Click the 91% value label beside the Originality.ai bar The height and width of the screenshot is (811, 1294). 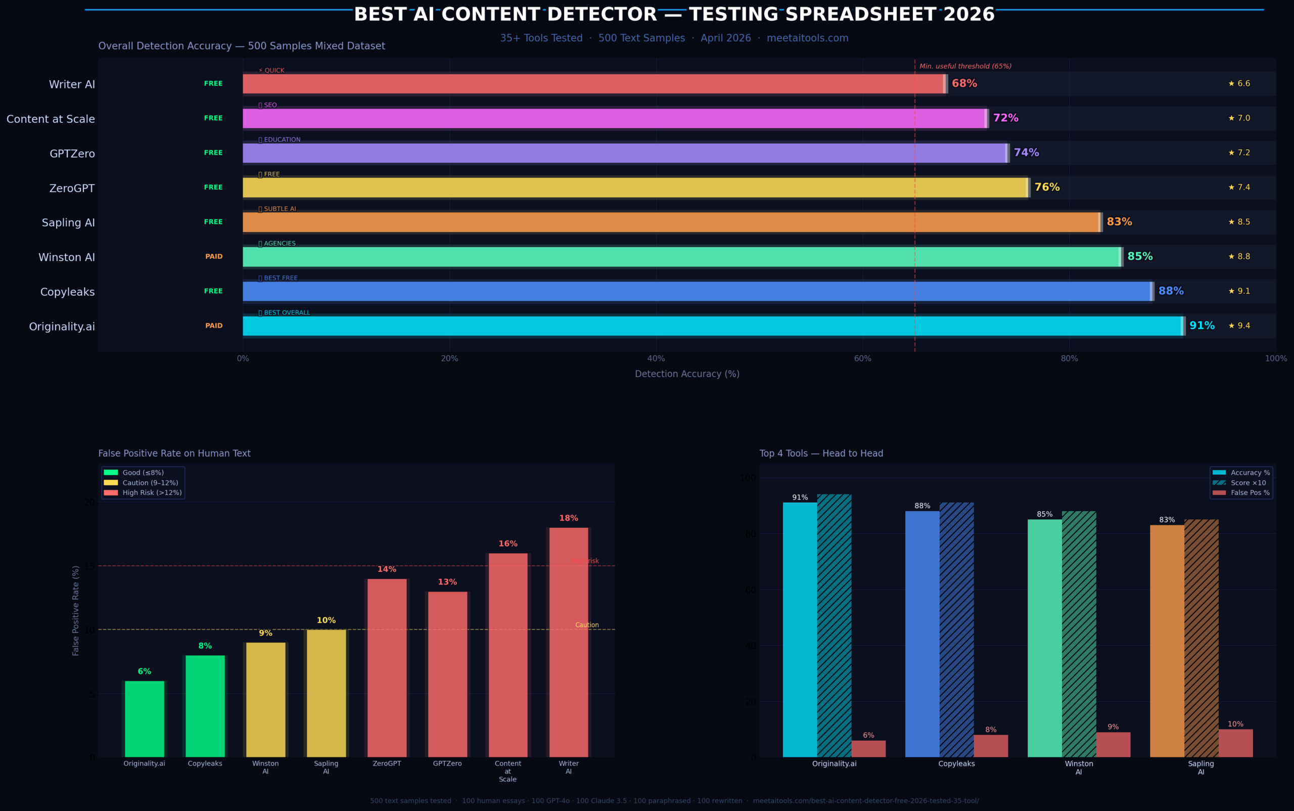click(x=1202, y=326)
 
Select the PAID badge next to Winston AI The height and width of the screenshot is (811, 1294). click(x=213, y=256)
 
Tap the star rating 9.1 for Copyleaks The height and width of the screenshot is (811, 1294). click(x=1239, y=291)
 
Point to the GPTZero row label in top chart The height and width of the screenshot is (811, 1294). click(x=72, y=154)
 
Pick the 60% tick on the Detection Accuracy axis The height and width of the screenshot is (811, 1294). click(x=862, y=359)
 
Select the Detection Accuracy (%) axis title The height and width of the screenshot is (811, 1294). click(x=687, y=374)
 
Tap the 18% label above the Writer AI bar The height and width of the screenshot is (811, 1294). click(x=569, y=518)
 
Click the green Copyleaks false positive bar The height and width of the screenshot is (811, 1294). click(x=205, y=706)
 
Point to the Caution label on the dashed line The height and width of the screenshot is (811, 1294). click(x=587, y=625)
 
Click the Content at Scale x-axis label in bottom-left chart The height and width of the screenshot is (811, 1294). click(x=507, y=771)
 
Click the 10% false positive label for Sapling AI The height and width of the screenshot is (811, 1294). click(x=1235, y=724)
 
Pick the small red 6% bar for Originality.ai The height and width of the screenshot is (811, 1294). click(x=868, y=749)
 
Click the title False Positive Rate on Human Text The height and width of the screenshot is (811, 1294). click(x=174, y=453)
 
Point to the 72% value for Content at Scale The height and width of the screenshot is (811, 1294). click(x=1005, y=118)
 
